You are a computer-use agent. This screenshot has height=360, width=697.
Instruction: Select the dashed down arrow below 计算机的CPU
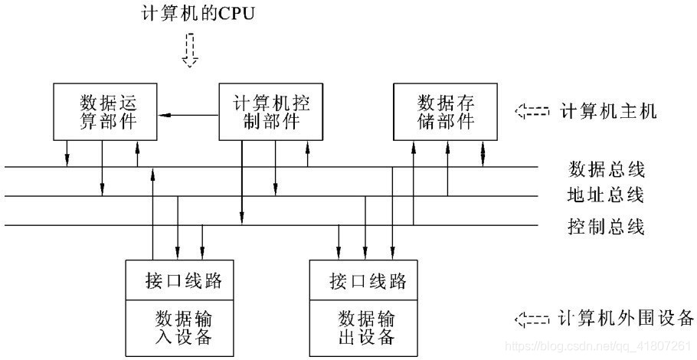189,52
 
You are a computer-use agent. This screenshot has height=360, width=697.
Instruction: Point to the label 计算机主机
608,112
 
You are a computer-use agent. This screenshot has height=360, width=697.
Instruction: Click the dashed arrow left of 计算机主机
532,112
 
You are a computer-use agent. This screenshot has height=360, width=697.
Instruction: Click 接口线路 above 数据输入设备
183,280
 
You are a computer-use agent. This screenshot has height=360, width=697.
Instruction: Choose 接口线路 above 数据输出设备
366,280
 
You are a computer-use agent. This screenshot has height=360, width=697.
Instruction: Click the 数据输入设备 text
183,327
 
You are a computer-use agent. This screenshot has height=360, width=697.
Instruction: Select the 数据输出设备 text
366,327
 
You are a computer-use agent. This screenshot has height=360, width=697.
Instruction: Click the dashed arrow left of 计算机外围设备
532,318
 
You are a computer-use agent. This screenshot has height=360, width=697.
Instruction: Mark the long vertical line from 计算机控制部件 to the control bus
242,184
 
